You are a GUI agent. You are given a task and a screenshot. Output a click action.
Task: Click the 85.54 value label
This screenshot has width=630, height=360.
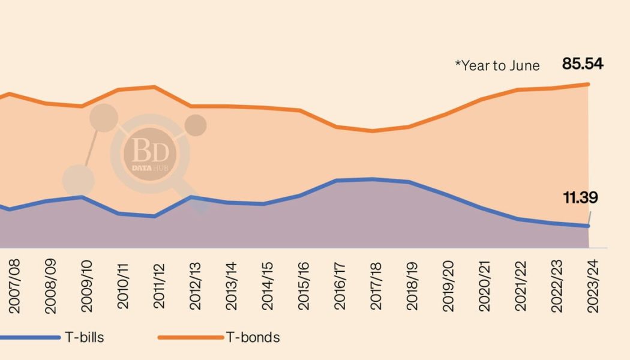582,64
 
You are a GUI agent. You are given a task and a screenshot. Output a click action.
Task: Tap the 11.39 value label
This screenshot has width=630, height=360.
580,197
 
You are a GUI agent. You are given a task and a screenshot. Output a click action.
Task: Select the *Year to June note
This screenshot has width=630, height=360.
497,66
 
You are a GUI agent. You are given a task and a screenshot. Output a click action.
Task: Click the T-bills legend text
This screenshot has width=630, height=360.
84,337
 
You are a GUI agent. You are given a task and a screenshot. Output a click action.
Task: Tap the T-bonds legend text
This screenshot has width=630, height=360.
252,337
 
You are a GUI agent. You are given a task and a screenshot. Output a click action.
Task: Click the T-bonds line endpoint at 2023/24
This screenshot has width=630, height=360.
589,84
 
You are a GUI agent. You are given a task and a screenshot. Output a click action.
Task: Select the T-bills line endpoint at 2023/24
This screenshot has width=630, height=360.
589,226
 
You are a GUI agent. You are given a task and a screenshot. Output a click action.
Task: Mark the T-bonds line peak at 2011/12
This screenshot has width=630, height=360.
155,87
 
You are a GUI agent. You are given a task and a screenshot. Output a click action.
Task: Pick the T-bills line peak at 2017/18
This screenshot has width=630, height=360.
373,179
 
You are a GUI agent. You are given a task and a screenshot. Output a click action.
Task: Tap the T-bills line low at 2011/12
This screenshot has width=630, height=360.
155,217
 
